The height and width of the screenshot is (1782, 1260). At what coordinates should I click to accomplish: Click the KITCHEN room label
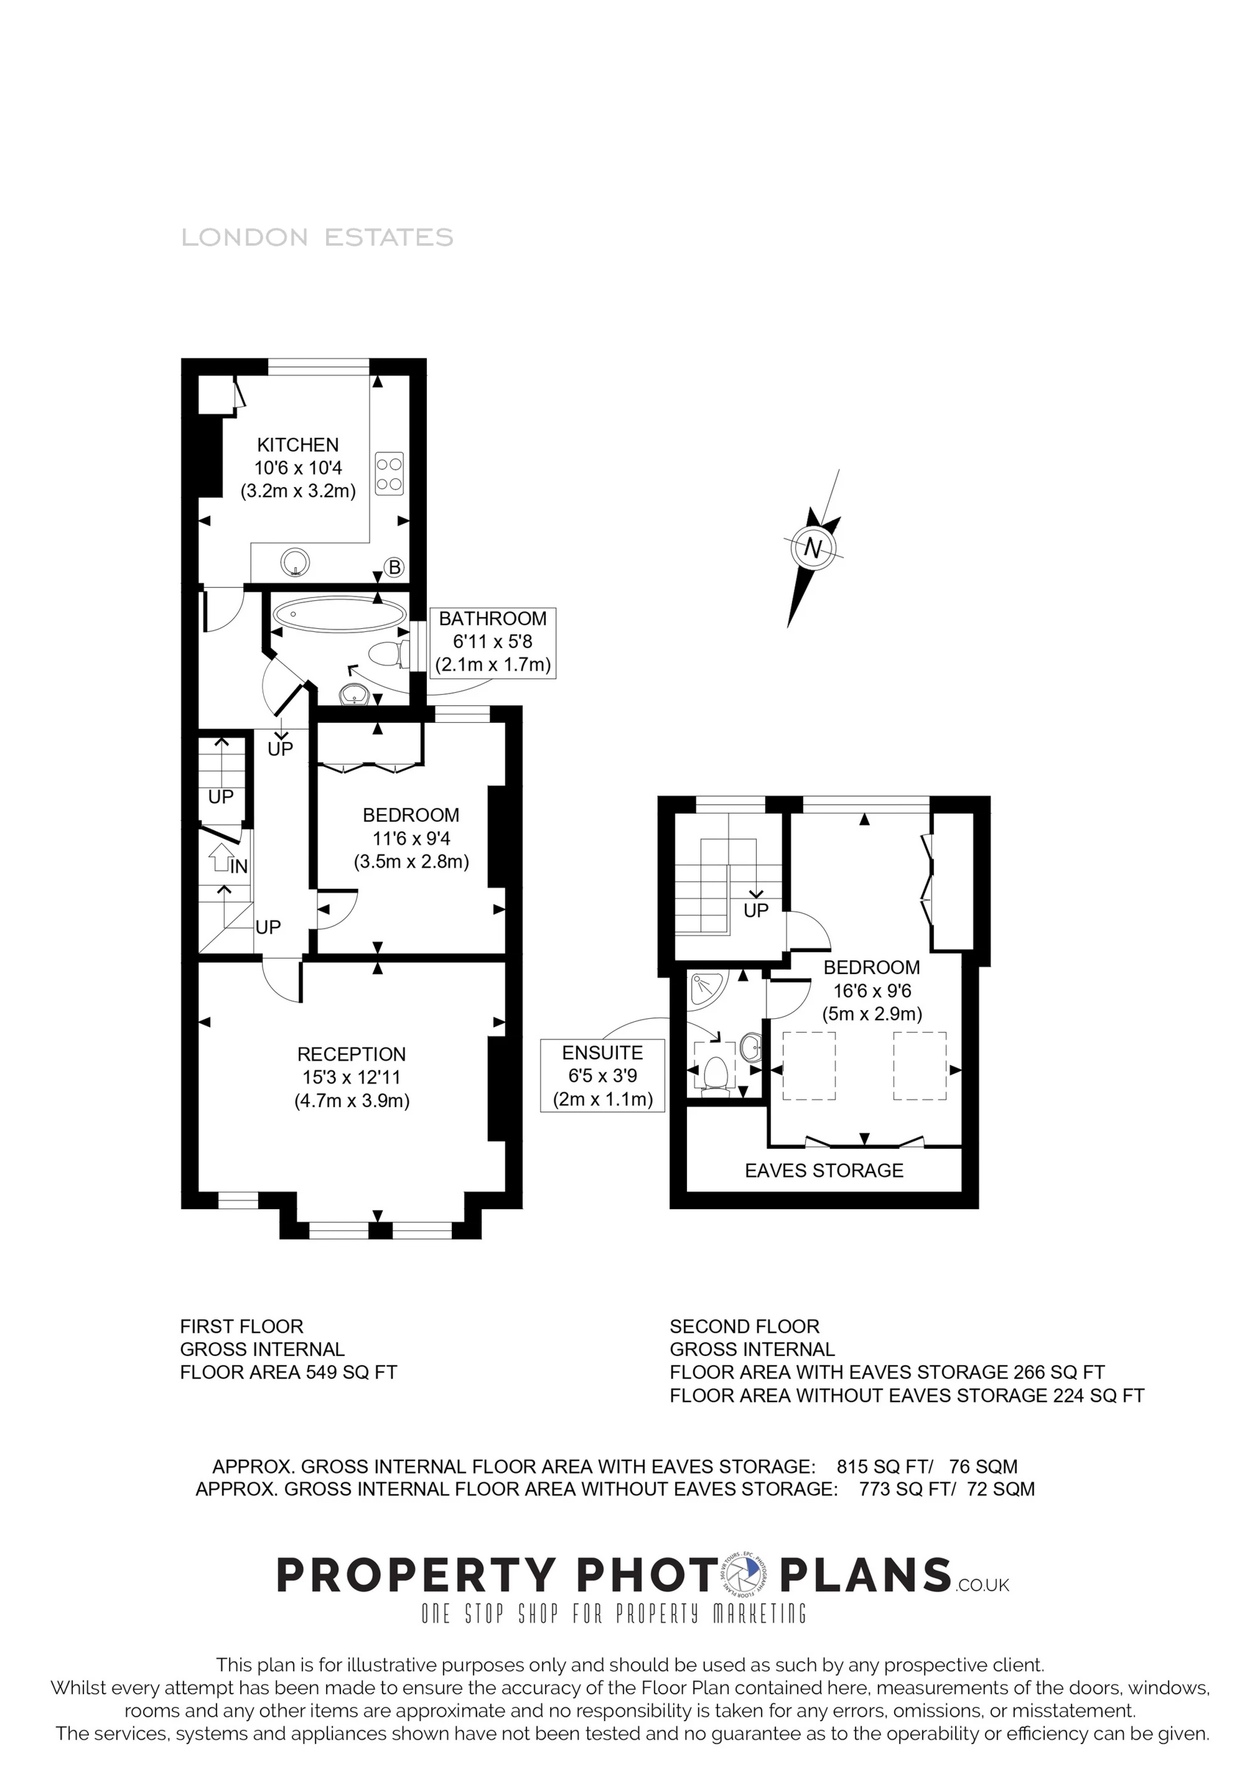tap(297, 445)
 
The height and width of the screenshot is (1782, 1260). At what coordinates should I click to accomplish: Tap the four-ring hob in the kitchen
tap(389, 473)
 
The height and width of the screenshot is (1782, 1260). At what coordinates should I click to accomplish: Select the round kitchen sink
tap(295, 563)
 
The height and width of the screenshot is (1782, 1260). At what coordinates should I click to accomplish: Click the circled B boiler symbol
tap(394, 567)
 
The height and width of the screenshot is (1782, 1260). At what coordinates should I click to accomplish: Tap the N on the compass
tap(812, 548)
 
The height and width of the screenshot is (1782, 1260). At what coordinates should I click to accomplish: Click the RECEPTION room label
tap(351, 1054)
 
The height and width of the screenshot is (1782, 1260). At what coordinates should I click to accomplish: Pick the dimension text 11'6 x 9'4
tap(411, 838)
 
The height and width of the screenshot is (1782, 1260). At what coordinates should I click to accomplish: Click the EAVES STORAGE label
tap(824, 1171)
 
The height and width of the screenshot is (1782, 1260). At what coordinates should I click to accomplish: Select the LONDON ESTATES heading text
tap(317, 238)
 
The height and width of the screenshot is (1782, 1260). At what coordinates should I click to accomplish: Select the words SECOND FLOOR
tap(745, 1327)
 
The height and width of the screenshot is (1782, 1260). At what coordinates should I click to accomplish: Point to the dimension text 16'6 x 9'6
tap(872, 991)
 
